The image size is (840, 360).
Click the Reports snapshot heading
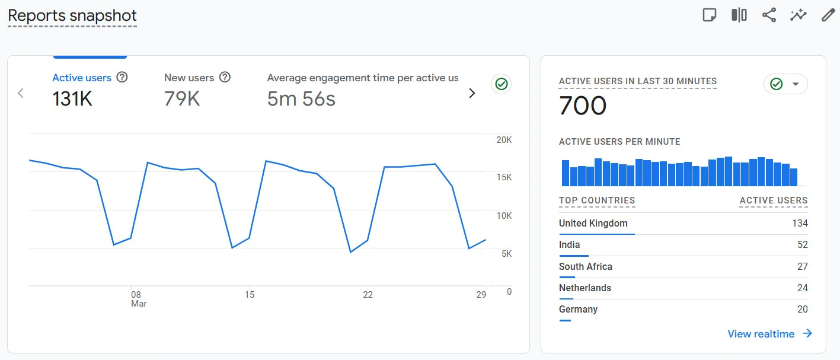[x=72, y=15]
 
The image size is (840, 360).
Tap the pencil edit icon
[x=828, y=15]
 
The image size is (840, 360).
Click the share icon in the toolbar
[x=769, y=15]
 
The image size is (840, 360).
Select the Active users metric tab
[x=82, y=78]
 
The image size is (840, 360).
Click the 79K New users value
[x=182, y=99]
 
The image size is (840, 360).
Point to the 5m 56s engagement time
[x=301, y=99]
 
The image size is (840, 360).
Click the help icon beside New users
[x=225, y=77]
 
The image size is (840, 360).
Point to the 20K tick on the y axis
[x=504, y=140]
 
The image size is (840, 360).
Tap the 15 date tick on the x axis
[x=250, y=295]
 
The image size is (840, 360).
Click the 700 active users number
[x=583, y=106]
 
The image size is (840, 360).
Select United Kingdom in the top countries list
[x=593, y=224]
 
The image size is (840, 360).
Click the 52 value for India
[x=802, y=245]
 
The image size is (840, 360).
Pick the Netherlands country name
[x=585, y=288]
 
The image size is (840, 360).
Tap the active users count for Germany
[x=802, y=310]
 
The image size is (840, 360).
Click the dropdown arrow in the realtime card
[x=796, y=84]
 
